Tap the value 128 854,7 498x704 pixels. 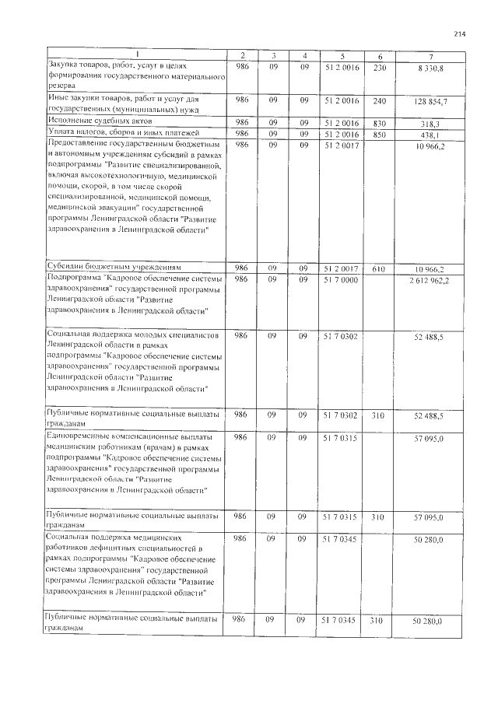coord(427,101)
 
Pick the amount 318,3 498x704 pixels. coord(430,122)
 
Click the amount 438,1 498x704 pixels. coord(430,133)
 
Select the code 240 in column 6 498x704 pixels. coord(380,100)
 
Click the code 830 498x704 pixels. coord(380,122)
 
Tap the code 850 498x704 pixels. coord(380,133)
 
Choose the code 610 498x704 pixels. coord(380,268)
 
